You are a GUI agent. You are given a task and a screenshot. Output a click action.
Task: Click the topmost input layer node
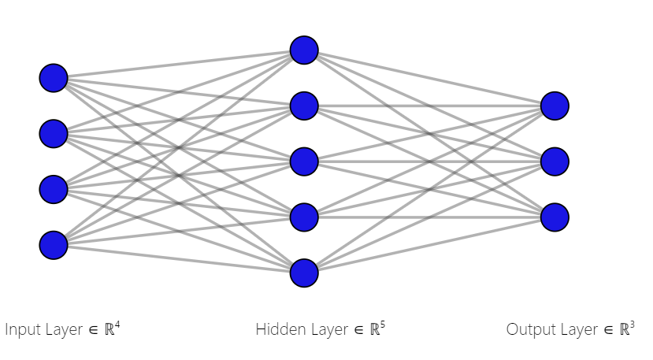(54, 78)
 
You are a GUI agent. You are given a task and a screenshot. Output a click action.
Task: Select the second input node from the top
(54, 133)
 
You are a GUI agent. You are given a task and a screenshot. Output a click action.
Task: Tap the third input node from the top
(54, 189)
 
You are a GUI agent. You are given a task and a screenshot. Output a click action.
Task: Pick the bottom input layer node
(54, 245)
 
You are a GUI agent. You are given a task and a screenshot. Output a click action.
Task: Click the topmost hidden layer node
(304, 50)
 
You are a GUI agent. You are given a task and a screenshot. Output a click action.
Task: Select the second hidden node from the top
(304, 106)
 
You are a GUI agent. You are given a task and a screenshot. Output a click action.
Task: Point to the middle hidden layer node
(304, 161)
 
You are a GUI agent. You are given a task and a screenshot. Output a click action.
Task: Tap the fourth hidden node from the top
(304, 217)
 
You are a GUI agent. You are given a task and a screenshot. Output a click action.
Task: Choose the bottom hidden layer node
(304, 273)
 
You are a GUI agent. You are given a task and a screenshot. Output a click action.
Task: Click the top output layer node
(555, 106)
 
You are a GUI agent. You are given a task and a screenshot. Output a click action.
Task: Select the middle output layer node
(555, 161)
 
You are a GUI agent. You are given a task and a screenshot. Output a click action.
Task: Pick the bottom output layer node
(555, 217)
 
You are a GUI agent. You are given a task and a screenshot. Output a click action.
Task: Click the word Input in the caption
(22, 330)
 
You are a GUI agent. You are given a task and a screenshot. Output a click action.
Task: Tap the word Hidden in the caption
(277, 330)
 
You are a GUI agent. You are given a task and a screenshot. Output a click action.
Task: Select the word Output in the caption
(529, 330)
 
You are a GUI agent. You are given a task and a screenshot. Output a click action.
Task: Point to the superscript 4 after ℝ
(117, 324)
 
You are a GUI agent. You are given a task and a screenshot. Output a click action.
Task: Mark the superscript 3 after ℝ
(633, 324)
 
